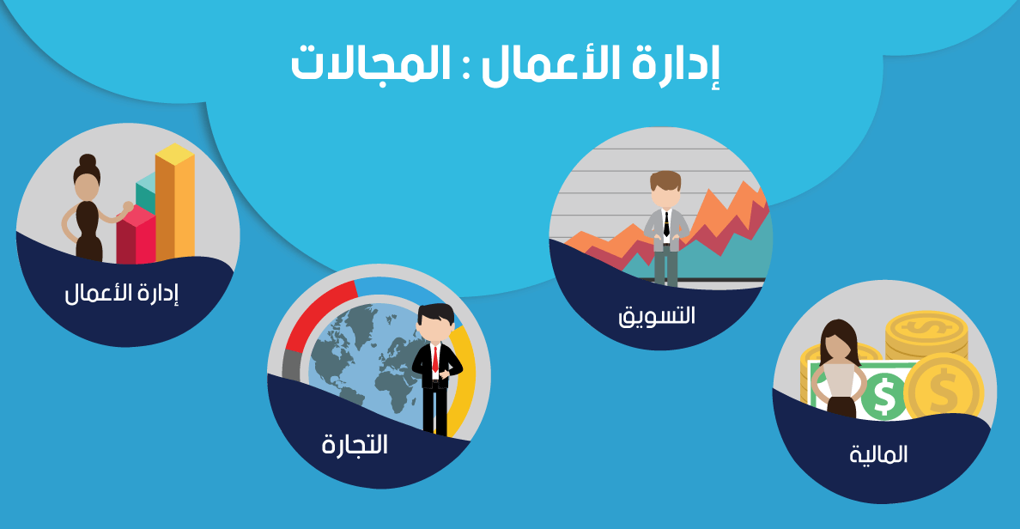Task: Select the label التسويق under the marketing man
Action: [656, 315]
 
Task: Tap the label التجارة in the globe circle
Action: [355, 445]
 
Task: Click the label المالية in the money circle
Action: [878, 453]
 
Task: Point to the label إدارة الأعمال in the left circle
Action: [122, 293]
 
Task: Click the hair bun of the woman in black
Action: [88, 161]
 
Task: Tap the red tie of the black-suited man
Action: [435, 359]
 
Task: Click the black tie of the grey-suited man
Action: [666, 223]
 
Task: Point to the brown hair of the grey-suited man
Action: [665, 179]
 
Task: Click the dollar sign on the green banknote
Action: [884, 396]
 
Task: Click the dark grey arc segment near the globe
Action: [291, 365]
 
